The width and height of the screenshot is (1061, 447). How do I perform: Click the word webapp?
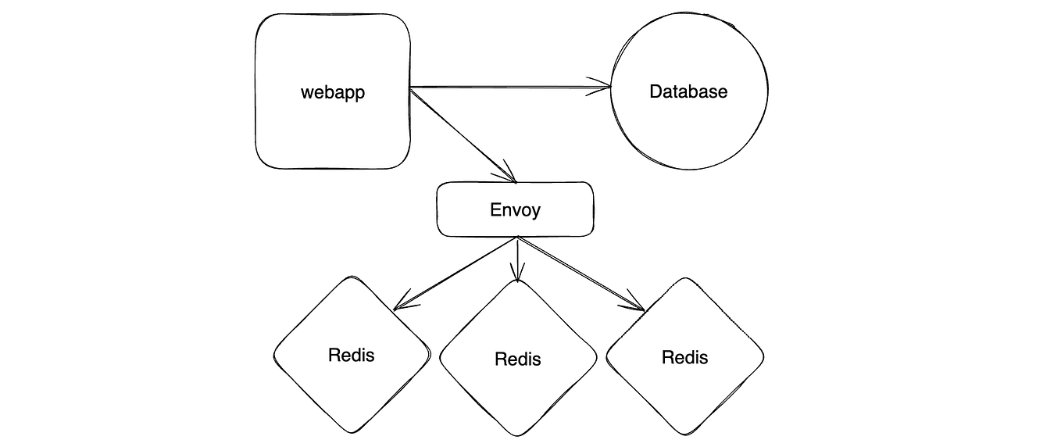click(333, 92)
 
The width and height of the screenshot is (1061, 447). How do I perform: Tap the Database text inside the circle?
click(688, 91)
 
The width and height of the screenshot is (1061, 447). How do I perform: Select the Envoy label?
click(515, 209)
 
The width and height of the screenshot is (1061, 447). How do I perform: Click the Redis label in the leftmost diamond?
click(351, 355)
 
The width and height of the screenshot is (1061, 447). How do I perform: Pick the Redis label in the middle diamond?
click(517, 359)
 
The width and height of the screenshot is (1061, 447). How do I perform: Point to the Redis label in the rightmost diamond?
click(684, 357)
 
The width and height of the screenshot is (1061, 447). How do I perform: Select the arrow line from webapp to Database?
click(508, 87)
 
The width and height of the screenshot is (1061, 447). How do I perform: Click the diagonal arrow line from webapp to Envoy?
click(461, 134)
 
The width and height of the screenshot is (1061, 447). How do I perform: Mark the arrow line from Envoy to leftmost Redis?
click(457, 270)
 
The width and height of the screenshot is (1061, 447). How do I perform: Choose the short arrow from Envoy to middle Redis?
click(516, 258)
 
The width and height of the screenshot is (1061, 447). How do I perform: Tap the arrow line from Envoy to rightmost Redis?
click(582, 274)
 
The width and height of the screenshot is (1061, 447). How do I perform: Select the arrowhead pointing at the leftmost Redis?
click(402, 302)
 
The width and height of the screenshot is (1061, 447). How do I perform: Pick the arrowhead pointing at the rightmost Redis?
click(637, 304)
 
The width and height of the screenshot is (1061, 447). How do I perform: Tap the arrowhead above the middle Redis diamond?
click(516, 274)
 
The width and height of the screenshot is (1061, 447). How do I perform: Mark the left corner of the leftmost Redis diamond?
click(274, 356)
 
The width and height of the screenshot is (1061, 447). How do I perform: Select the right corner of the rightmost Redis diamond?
click(763, 358)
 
